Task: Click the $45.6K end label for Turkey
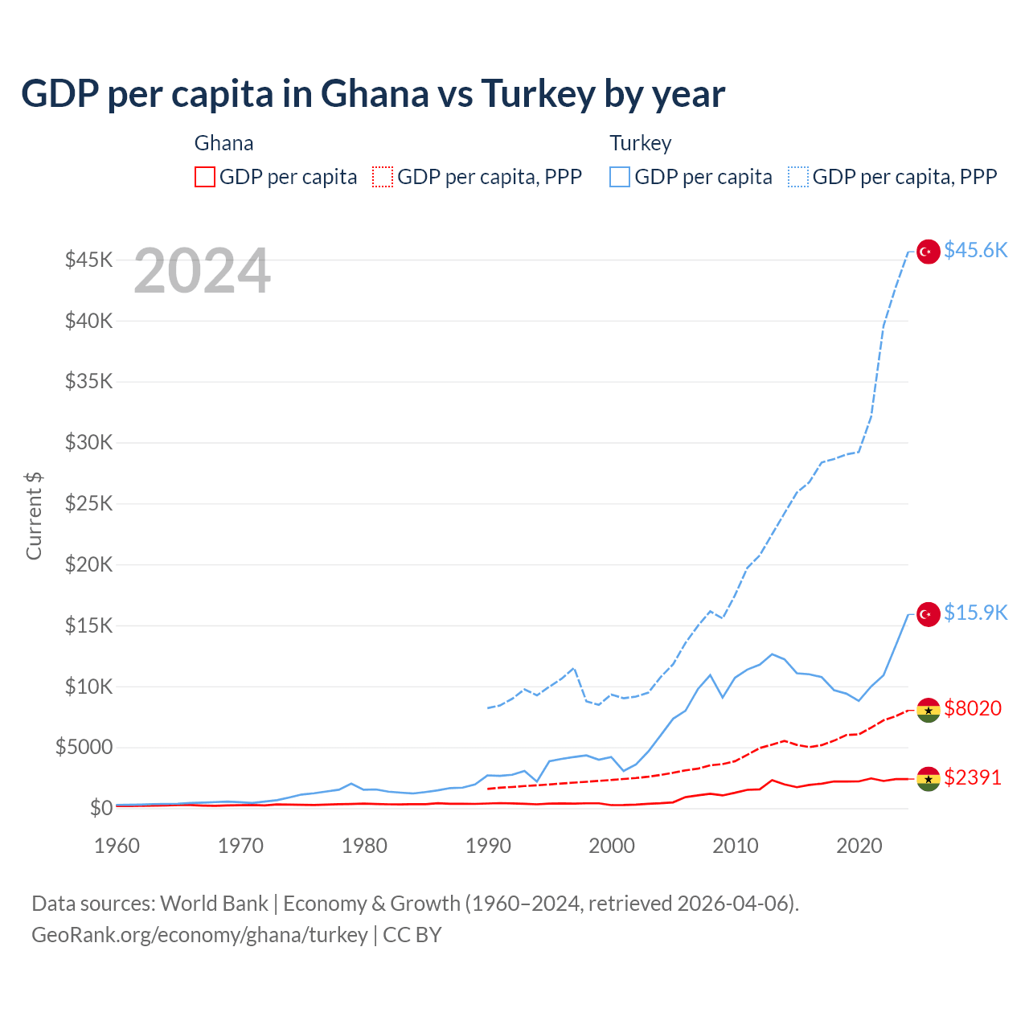click(x=975, y=251)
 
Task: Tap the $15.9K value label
click(x=975, y=613)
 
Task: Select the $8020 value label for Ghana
click(x=973, y=708)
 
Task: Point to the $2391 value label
click(x=973, y=778)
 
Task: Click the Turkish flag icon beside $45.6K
click(x=929, y=252)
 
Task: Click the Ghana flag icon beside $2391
click(x=929, y=779)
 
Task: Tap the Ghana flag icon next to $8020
click(x=929, y=710)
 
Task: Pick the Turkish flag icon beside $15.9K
click(x=929, y=614)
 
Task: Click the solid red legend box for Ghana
click(x=205, y=177)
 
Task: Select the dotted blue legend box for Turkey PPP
click(x=798, y=177)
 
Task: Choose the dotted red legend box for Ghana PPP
click(x=383, y=177)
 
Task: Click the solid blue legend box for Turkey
click(x=620, y=177)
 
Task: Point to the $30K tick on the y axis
click(x=88, y=442)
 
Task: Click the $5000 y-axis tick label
click(x=84, y=748)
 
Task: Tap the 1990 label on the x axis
click(x=488, y=846)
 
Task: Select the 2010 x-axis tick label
click(x=736, y=846)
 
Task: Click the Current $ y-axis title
click(x=34, y=515)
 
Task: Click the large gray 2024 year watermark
click(x=202, y=272)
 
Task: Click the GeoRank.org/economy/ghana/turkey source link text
click(x=199, y=935)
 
